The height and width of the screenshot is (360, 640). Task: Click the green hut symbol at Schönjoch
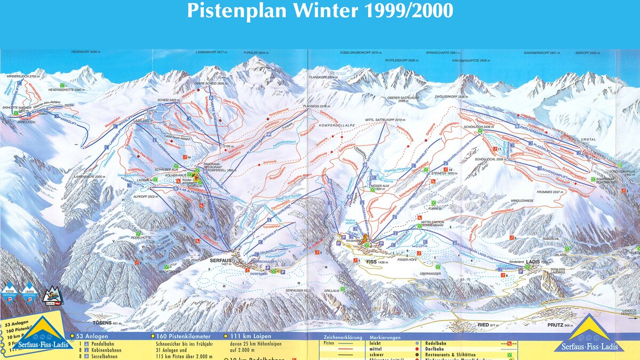pyautogui.click(x=480, y=130)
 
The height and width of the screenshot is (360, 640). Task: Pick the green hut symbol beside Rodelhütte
pyautogui.click(x=138, y=234)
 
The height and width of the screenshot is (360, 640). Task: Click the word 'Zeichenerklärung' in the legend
pyautogui.click(x=342, y=338)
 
